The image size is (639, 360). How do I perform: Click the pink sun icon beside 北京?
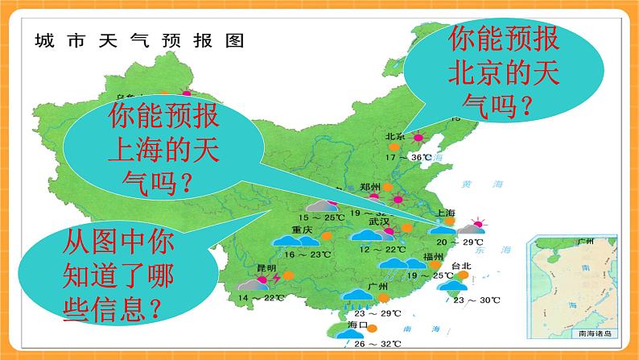tap(418, 138)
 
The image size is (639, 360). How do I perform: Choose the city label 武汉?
tap(378, 220)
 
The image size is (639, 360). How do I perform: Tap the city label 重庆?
tap(303, 229)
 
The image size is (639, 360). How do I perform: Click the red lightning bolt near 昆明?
tap(276, 278)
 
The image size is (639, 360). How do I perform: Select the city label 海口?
tap(357, 325)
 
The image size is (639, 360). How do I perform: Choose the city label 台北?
tap(461, 267)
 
